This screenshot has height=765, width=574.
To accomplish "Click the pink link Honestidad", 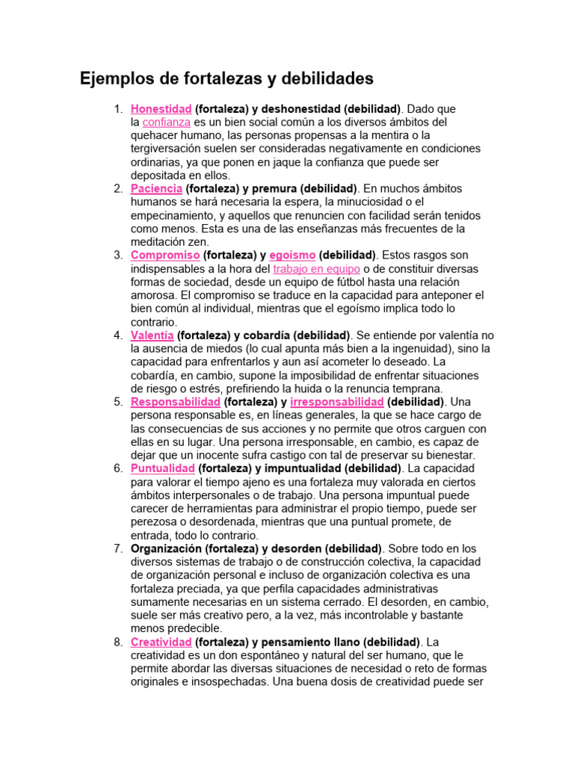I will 161,108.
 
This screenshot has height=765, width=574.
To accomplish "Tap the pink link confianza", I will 166,122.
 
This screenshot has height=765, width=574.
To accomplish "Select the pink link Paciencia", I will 157,188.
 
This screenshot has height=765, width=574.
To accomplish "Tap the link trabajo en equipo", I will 317,268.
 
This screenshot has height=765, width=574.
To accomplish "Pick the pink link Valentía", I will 152,335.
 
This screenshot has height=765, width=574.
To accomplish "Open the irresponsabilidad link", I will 336,401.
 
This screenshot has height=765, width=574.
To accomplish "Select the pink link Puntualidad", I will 163,468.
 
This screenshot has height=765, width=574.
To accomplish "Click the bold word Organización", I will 167,548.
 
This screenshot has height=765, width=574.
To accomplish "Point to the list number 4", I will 118,335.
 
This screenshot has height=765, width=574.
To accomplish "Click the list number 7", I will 118,548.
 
